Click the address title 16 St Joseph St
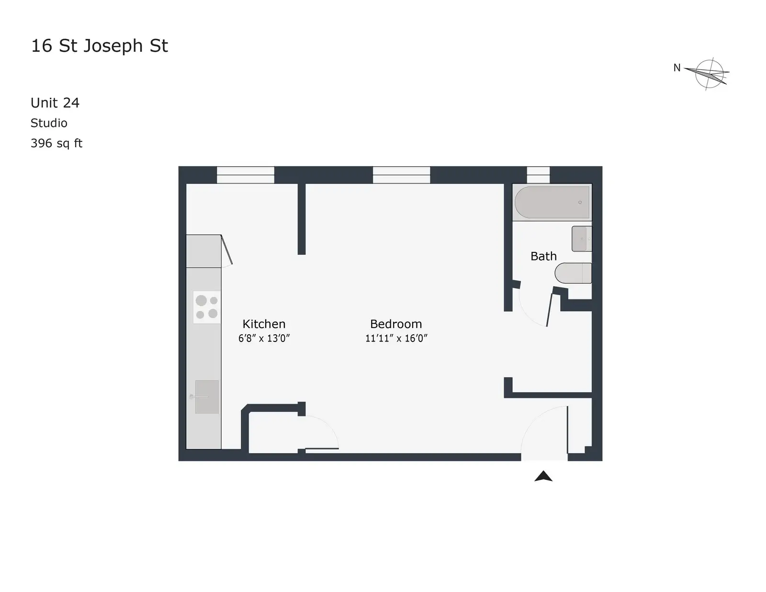tap(100, 46)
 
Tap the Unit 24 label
tap(55, 102)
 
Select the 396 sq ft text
tap(56, 143)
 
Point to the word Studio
tap(49, 123)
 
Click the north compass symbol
tap(706, 74)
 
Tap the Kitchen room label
tap(264, 324)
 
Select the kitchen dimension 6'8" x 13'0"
tap(264, 338)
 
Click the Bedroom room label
tap(396, 324)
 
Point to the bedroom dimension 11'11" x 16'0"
tap(396, 338)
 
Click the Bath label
tap(543, 256)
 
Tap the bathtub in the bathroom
tap(552, 203)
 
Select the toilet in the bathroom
tap(573, 273)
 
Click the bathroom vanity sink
tap(582, 239)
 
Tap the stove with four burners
tap(207, 307)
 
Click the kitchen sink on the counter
tap(207, 397)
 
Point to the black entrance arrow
tap(543, 477)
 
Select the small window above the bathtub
tap(538, 175)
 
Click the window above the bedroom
tap(402, 175)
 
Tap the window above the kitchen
tap(245, 175)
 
